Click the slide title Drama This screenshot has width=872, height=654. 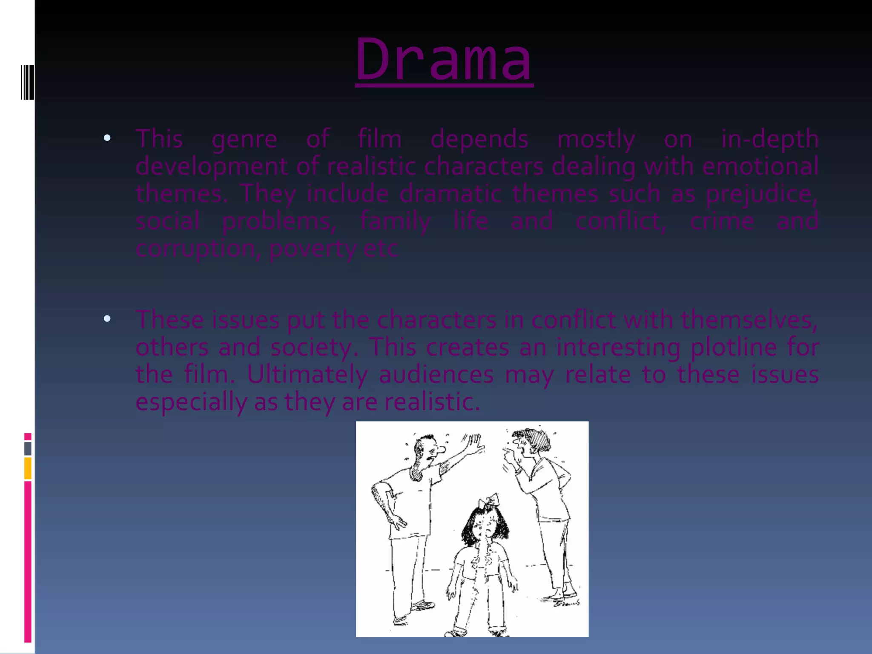(444, 60)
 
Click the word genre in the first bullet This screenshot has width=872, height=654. (244, 140)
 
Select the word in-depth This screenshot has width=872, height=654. (769, 139)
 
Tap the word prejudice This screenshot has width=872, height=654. (761, 194)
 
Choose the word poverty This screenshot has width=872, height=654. (312, 249)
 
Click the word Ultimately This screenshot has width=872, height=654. (307, 375)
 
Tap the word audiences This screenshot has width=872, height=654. (436, 375)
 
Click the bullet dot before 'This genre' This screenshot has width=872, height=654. (107, 138)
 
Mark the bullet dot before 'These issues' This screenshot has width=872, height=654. (107, 318)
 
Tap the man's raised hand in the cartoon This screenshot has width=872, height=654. (474, 444)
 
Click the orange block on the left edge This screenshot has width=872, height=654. (28, 468)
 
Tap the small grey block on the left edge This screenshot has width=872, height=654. (28, 449)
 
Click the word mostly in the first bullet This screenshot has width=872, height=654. (596, 140)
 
